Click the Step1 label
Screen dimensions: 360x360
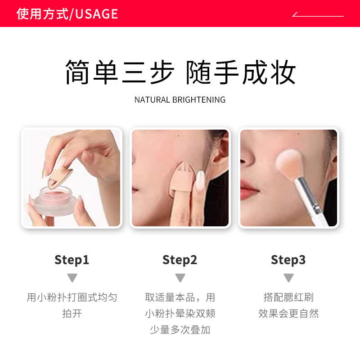coord(72,260)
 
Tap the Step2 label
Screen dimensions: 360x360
coord(180,260)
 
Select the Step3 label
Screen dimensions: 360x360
coord(288,260)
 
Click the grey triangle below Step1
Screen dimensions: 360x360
coord(72,278)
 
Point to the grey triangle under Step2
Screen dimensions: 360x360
coord(180,278)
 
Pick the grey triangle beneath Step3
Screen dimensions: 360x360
coord(288,278)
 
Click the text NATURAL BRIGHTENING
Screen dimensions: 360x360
coord(180,99)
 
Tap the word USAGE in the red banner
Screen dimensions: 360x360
coord(97,14)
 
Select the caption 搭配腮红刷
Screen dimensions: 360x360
coord(288,297)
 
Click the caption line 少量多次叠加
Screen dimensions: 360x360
coord(180,330)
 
